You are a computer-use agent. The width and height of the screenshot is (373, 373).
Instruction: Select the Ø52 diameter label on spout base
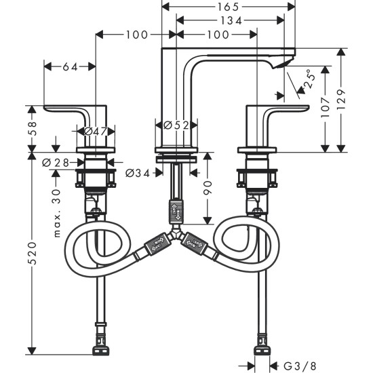[x=176, y=125]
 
